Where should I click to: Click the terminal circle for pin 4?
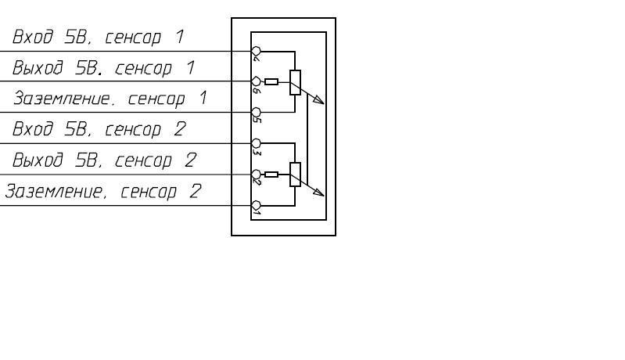(255, 50)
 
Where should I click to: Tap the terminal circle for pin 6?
(255, 81)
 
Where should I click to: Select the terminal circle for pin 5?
(255, 112)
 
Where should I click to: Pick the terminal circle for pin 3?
(255, 143)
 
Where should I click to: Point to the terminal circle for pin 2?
(255, 174)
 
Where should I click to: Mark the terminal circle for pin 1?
(255, 205)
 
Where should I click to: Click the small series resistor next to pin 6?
(271, 81)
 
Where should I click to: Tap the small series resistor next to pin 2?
(271, 175)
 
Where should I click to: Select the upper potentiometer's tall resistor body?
(295, 82)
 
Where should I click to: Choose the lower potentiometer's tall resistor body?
(295, 175)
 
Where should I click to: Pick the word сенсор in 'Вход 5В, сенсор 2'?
(145, 130)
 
